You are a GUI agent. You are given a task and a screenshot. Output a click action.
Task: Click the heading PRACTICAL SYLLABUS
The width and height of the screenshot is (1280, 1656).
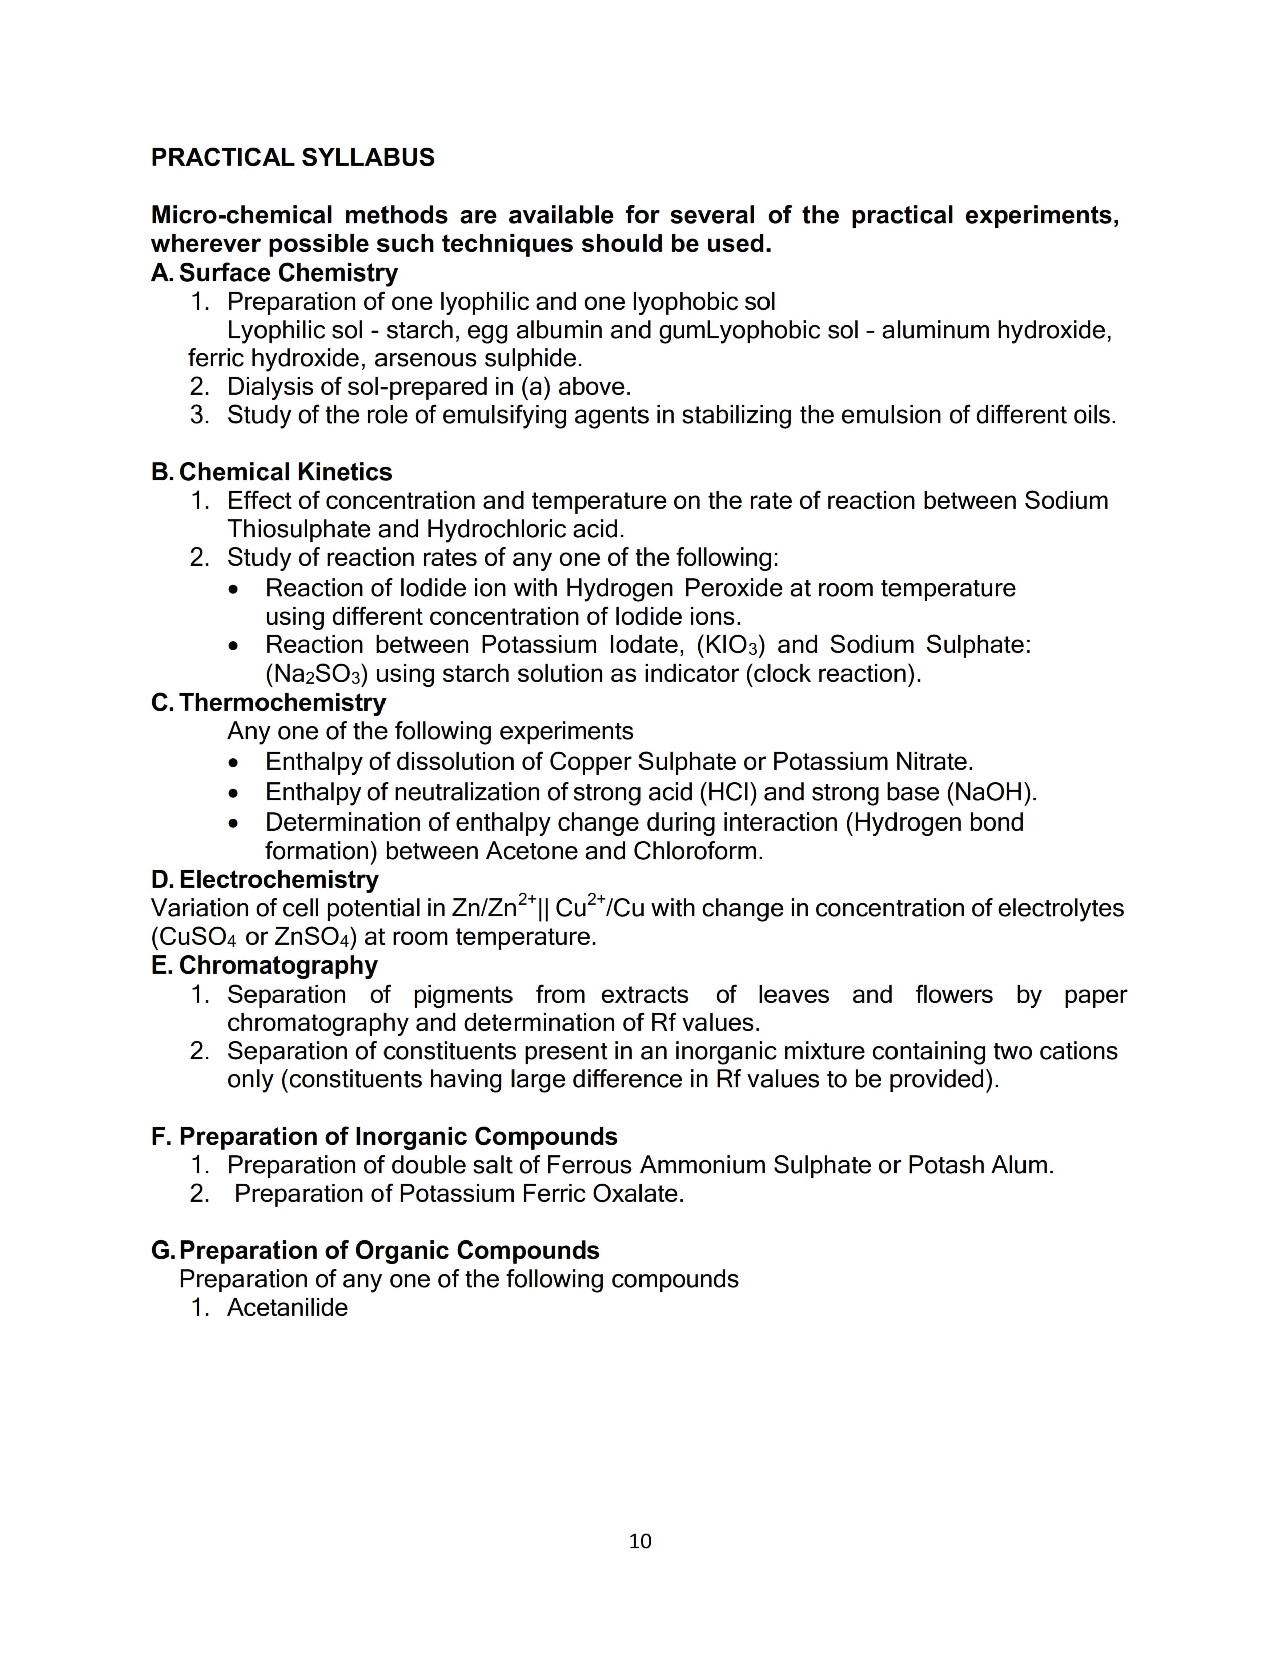tap(293, 157)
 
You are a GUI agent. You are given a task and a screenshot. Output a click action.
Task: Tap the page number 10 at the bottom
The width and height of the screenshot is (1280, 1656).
tap(640, 1541)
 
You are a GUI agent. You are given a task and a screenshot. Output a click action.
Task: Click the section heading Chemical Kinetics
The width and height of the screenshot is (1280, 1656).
tap(285, 472)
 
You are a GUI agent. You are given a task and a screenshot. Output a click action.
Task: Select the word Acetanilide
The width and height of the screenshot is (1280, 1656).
tap(288, 1307)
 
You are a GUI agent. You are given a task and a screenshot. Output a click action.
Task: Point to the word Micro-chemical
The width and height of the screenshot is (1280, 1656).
tap(241, 215)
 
